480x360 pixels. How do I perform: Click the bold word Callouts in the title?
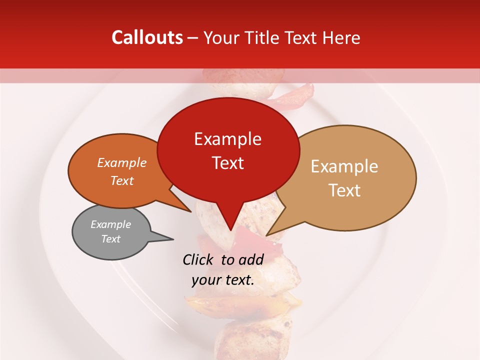pyautogui.click(x=147, y=37)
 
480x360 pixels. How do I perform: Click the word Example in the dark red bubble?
pyautogui.click(x=227, y=139)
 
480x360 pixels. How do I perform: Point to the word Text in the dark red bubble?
pyautogui.click(x=227, y=163)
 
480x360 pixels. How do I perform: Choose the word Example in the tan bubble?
pyautogui.click(x=344, y=166)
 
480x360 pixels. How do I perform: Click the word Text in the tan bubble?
pyautogui.click(x=344, y=190)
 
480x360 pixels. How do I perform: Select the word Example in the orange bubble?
pyautogui.click(x=122, y=162)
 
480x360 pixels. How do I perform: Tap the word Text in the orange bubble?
pyautogui.click(x=122, y=180)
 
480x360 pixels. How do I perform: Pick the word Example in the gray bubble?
pyautogui.click(x=111, y=224)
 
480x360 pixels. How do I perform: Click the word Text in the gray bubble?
pyautogui.click(x=111, y=239)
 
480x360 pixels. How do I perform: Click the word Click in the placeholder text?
pyautogui.click(x=199, y=259)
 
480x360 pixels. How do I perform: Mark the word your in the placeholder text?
pyautogui.click(x=206, y=280)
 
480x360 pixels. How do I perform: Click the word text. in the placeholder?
pyautogui.click(x=239, y=280)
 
